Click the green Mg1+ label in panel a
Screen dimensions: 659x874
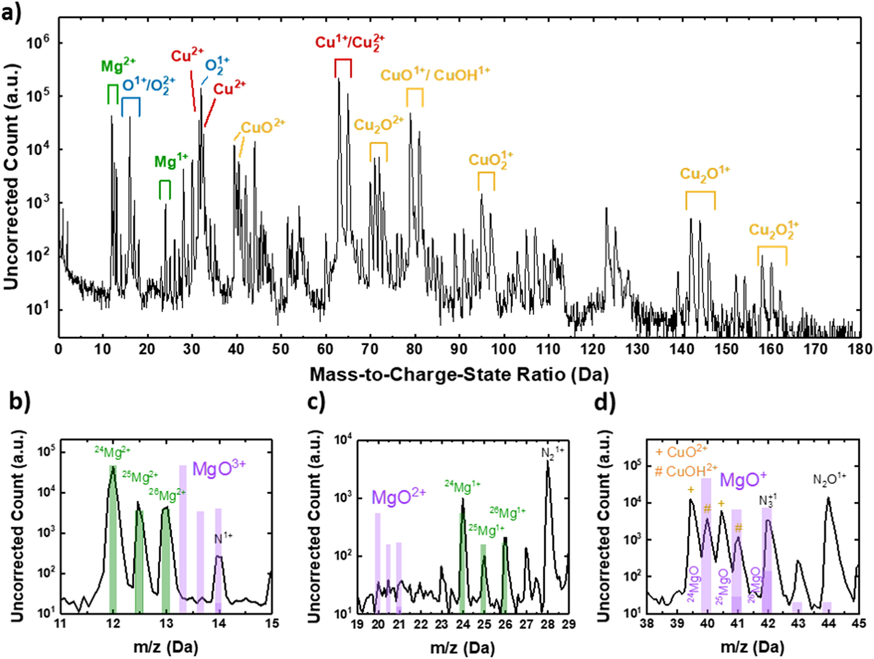171,161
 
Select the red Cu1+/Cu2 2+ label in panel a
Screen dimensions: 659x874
350,43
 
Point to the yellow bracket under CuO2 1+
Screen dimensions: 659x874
486,180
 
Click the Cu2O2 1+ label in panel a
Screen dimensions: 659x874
773,230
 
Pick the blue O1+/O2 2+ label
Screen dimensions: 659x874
148,85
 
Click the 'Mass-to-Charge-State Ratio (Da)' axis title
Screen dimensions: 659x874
459,374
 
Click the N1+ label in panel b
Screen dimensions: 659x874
223,538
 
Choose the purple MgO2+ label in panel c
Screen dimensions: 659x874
398,496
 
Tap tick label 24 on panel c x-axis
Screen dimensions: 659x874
462,624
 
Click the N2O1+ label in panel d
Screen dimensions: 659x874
829,479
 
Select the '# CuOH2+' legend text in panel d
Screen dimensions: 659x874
685,471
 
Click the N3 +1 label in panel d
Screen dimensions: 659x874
767,500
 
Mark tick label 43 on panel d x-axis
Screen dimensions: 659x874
797,623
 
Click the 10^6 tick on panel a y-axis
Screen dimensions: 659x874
38,43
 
